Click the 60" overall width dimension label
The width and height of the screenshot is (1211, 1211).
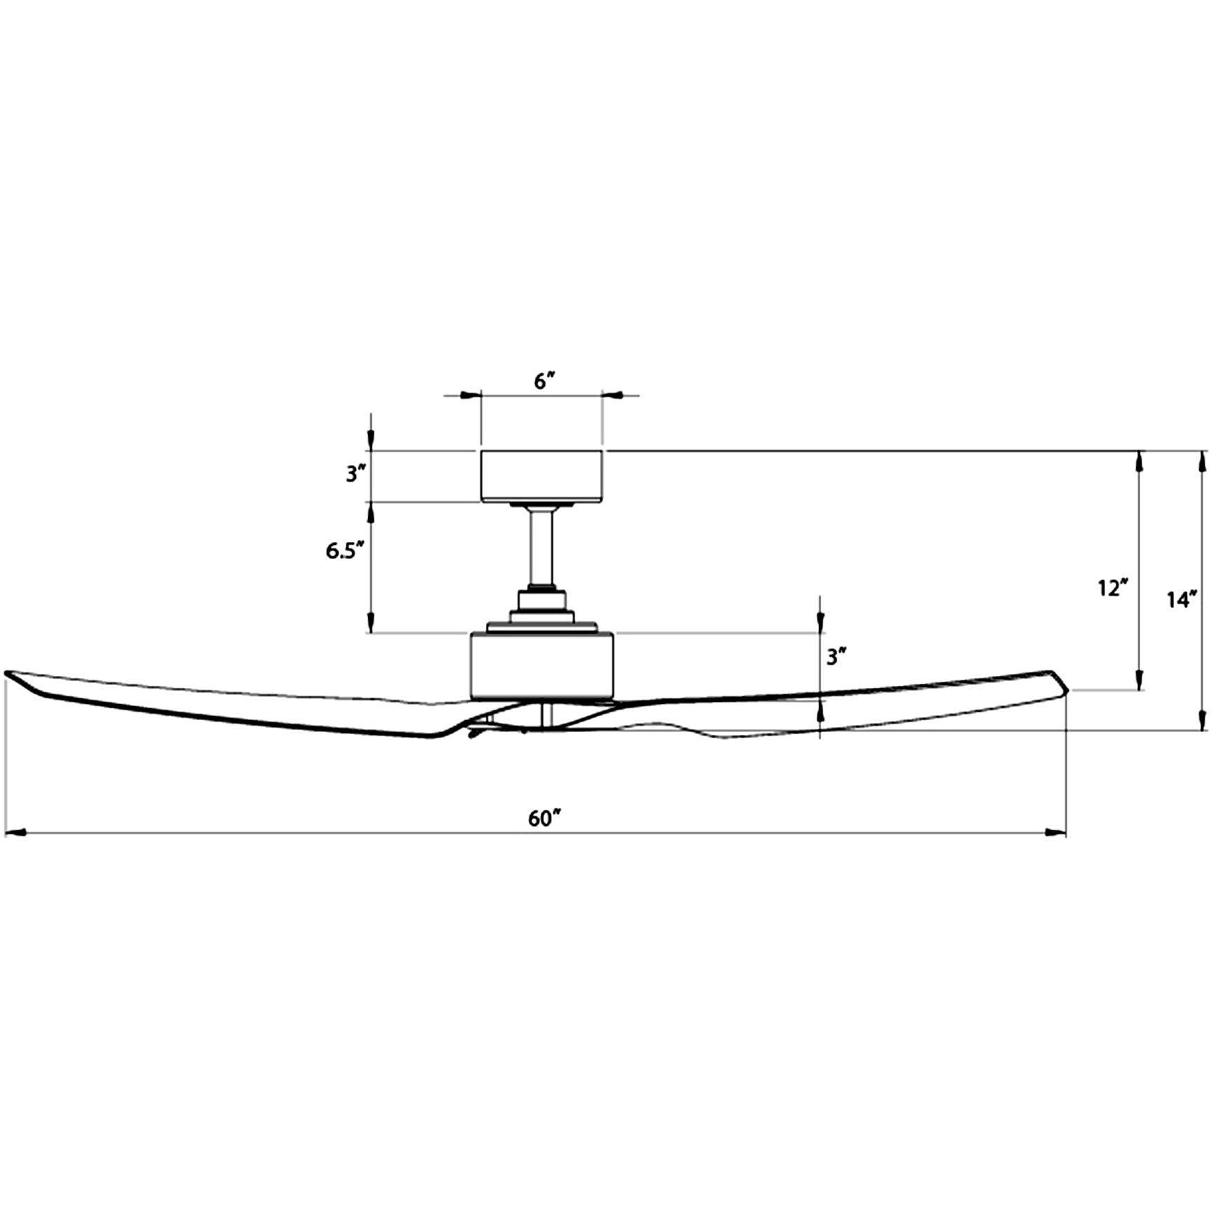545,818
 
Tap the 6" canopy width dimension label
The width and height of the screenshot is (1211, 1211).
545,381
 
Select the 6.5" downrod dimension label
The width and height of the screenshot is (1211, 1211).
344,550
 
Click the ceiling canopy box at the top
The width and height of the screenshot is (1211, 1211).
541,477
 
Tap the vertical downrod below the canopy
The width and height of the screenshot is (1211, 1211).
541,548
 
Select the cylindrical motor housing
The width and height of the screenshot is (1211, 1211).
541,666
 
